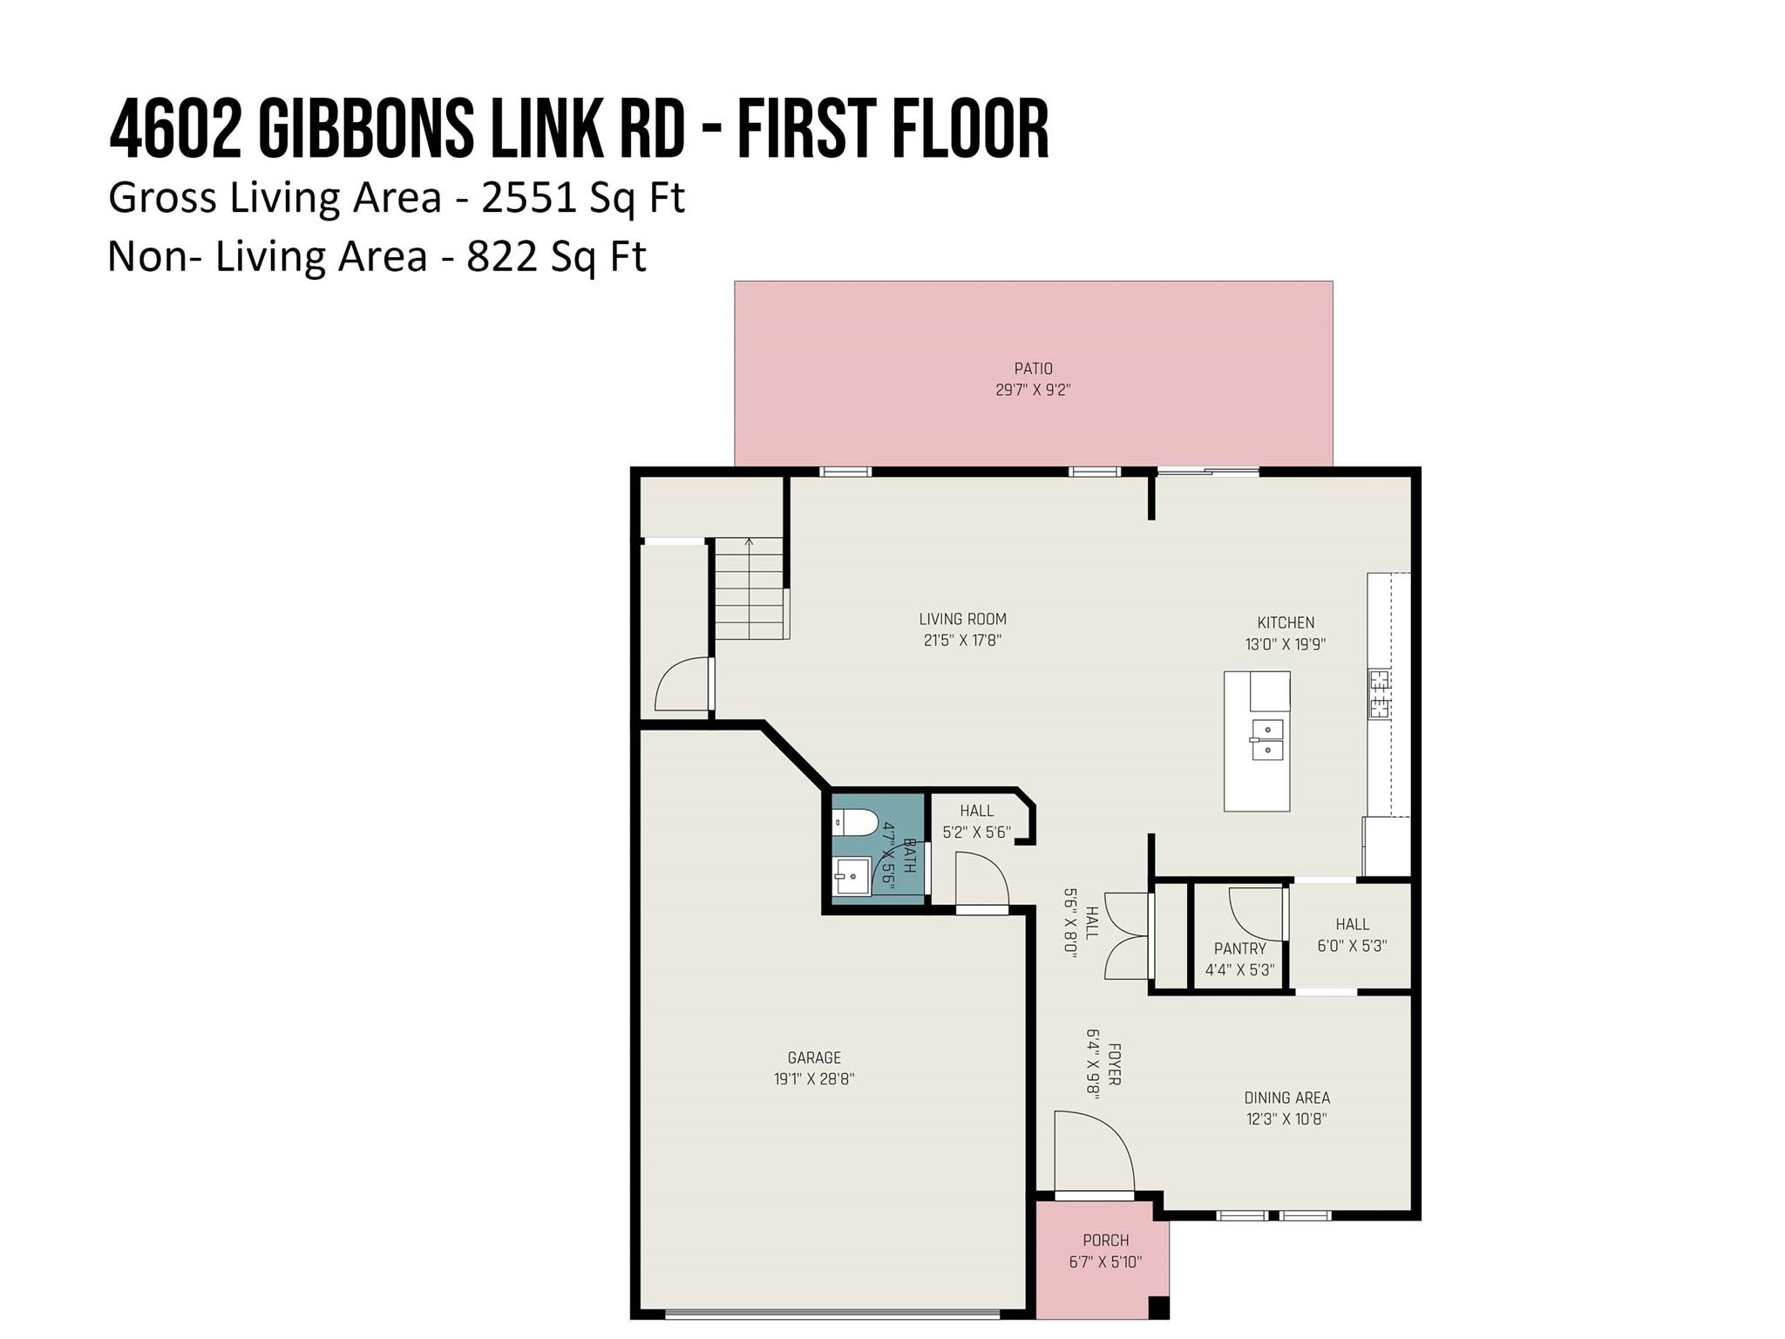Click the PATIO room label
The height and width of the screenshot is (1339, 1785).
tap(1033, 369)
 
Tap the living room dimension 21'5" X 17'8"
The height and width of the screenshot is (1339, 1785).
tap(962, 641)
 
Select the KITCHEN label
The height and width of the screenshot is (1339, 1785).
tap(1286, 622)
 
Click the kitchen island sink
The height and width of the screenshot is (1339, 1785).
tap(1267, 739)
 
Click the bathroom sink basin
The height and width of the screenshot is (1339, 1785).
tap(852, 875)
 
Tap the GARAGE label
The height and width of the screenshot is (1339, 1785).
tap(814, 1057)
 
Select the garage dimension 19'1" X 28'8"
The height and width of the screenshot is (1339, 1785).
tap(814, 1079)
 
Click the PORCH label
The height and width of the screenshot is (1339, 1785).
tap(1105, 1240)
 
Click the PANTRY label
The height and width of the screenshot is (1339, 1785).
tap(1239, 948)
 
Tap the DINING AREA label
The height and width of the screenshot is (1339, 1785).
tap(1286, 1098)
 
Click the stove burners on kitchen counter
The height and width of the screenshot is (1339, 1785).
tap(1379, 693)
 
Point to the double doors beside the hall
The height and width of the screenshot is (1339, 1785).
tap(1128, 936)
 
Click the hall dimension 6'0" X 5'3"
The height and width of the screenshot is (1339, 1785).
tap(1352, 945)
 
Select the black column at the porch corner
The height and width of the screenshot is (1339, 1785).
tap(1158, 1308)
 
